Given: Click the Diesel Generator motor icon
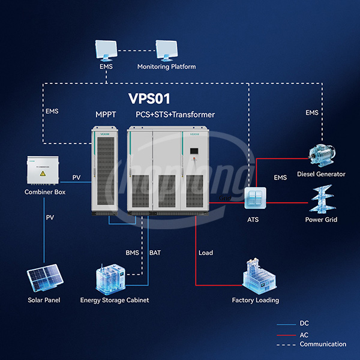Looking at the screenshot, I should pyautogui.click(x=321, y=155).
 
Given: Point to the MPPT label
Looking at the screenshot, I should pyautogui.click(x=106, y=114).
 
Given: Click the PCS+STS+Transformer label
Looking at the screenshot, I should pyautogui.click(x=175, y=114).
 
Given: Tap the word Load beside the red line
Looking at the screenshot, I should pyautogui.click(x=206, y=253).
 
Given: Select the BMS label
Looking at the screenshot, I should pyautogui.click(x=132, y=253).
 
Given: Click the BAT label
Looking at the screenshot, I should pyautogui.click(x=155, y=253).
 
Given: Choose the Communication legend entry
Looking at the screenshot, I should pyautogui.click(x=323, y=344).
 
